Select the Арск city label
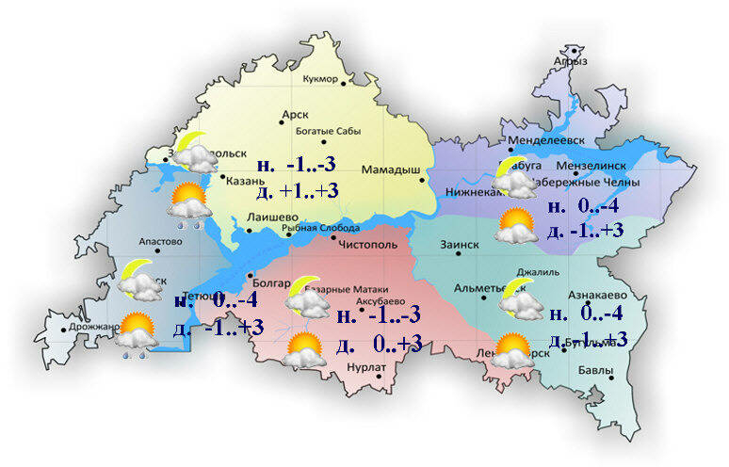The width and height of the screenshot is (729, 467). (295, 115)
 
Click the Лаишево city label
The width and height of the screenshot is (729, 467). (266, 217)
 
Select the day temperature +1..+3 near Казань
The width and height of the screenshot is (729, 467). (297, 191)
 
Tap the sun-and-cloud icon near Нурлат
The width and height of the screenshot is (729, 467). (304, 350)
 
